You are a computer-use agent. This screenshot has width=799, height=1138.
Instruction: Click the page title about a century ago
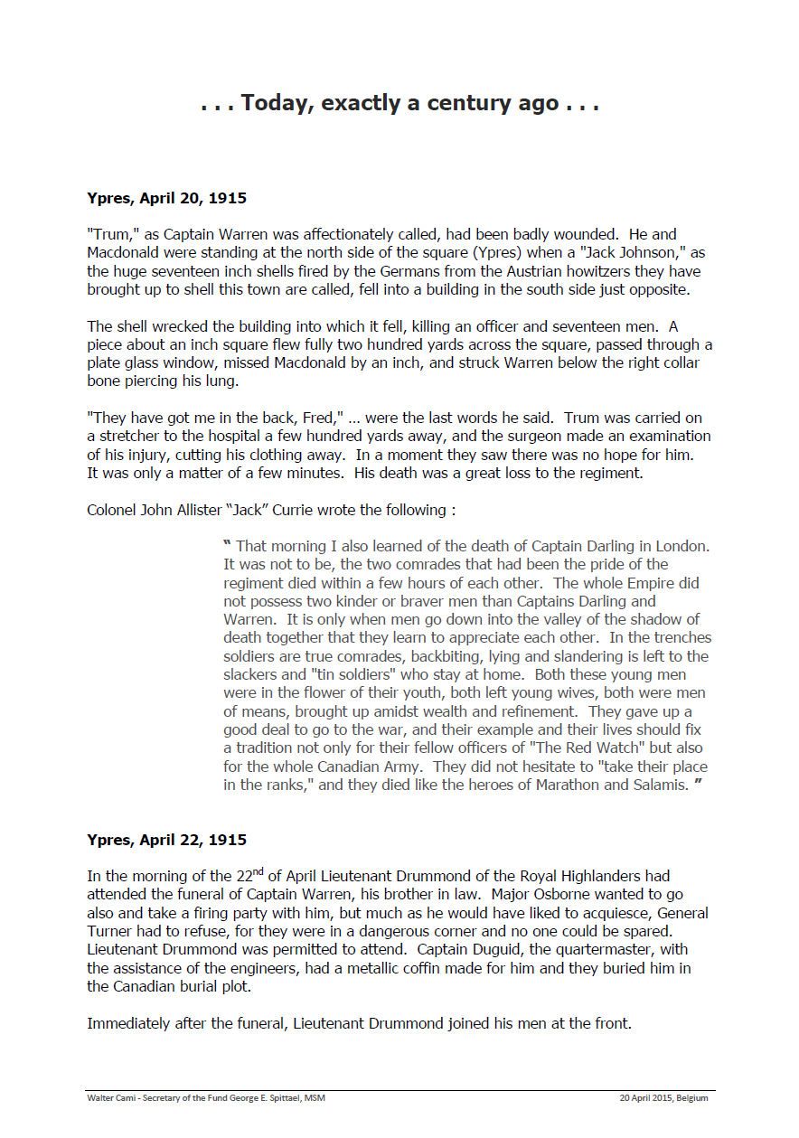399,103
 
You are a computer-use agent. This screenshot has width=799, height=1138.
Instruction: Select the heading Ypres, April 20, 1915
166,198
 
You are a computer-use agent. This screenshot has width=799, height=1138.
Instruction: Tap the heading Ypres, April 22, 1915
166,840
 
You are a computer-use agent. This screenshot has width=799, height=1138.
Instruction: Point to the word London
681,546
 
